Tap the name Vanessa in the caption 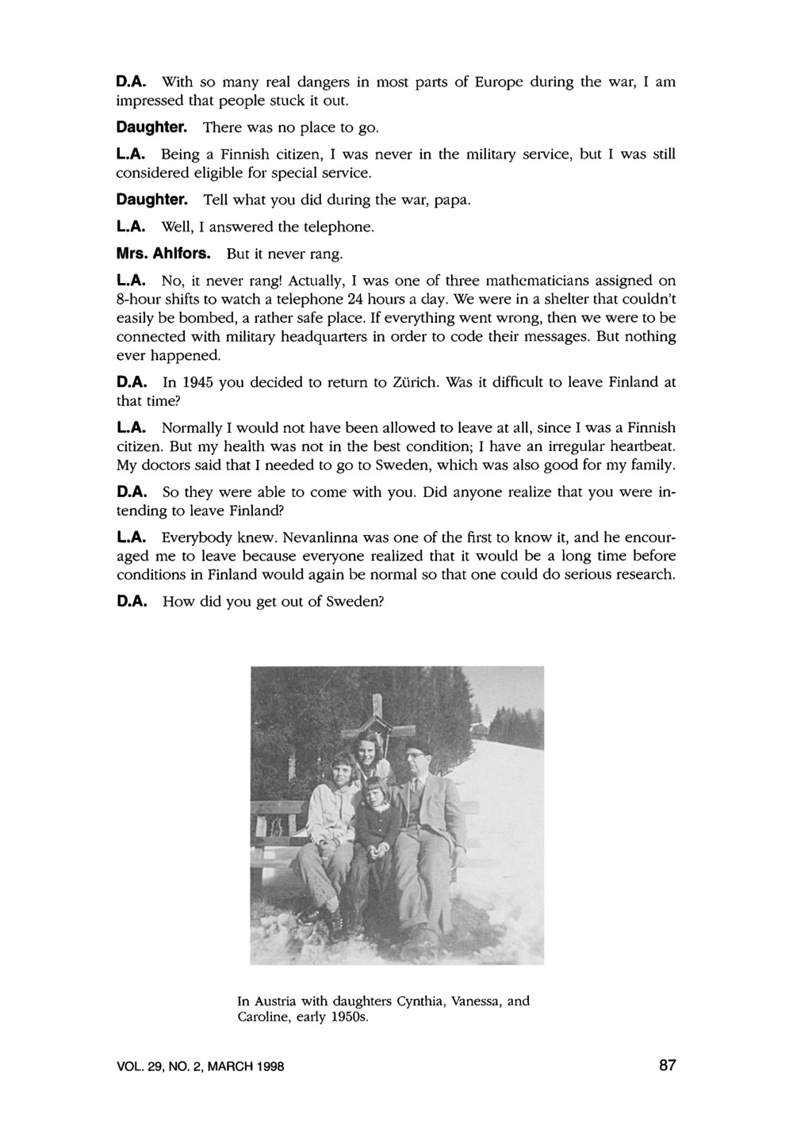coord(475,1001)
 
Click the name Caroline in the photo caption coord(265,1017)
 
